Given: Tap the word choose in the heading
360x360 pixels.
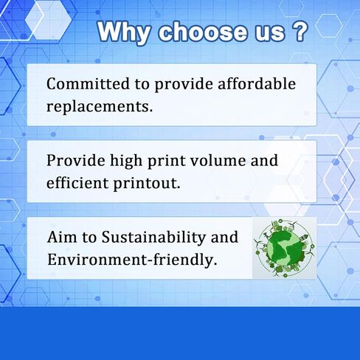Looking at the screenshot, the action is pyautogui.click(x=203, y=32).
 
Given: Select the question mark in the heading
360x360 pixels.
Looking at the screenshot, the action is pyautogui.click(x=300, y=32).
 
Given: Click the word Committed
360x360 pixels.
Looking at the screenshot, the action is pyautogui.click(x=88, y=84).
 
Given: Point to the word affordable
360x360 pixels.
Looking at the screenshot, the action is pyautogui.click(x=257, y=83).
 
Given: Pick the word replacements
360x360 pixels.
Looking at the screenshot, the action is pyautogui.click(x=100, y=107).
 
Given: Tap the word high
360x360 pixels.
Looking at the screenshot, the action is pyautogui.click(x=126, y=162).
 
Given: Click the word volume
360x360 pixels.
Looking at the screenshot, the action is pyautogui.click(x=218, y=160).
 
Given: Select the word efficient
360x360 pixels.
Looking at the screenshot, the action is pyautogui.click(x=77, y=183).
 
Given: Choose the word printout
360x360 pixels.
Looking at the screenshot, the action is pyautogui.click(x=147, y=184).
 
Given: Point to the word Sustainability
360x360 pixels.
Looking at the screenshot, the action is pyautogui.click(x=153, y=238).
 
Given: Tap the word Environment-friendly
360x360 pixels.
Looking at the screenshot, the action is pyautogui.click(x=132, y=260).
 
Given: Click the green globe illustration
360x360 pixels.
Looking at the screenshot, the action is pyautogui.click(x=284, y=249).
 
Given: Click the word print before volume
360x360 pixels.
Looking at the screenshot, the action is pyautogui.click(x=166, y=162).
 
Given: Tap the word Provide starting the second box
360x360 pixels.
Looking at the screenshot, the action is pyautogui.click(x=76, y=160).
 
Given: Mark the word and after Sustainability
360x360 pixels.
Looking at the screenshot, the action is pyautogui.click(x=224, y=237).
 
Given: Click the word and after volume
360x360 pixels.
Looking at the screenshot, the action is pyautogui.click(x=264, y=160).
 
